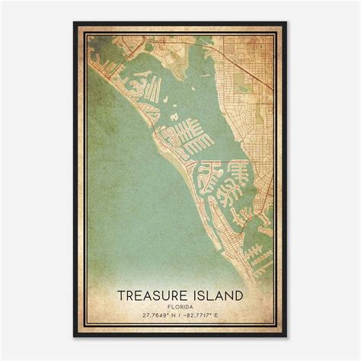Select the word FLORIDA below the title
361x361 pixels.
tap(180, 305)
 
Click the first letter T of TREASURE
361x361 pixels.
tap(122, 294)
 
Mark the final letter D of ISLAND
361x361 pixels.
tap(238, 294)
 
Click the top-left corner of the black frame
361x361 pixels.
tap(75, 23)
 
